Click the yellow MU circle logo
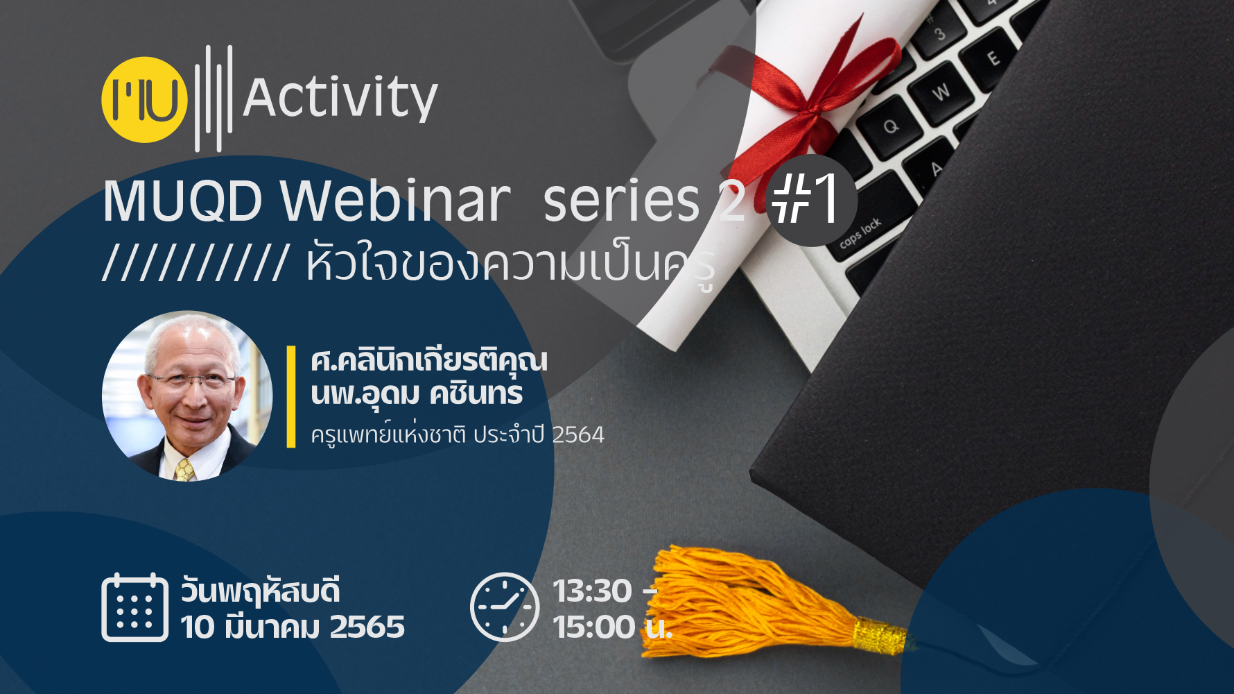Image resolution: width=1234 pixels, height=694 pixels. (x=144, y=100)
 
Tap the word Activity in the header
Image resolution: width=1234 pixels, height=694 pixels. (x=340, y=99)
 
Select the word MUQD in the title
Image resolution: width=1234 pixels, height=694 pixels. (x=183, y=201)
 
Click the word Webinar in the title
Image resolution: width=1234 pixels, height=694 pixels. (x=395, y=201)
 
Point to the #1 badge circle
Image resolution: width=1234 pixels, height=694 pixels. (x=811, y=200)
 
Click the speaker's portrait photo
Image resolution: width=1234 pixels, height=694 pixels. (x=187, y=396)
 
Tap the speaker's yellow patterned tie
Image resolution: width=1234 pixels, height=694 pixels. (x=184, y=470)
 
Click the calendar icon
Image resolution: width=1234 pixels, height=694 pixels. (x=135, y=607)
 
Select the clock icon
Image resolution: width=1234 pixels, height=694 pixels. (x=505, y=607)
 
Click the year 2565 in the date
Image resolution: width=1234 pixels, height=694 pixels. (x=367, y=627)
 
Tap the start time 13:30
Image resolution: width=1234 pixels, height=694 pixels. (x=592, y=591)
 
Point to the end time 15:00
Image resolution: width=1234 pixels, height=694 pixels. (x=594, y=627)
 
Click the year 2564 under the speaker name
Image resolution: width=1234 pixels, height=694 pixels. (x=578, y=435)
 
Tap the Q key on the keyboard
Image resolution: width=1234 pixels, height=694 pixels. (x=890, y=126)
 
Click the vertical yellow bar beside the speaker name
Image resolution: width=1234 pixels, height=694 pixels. (x=291, y=396)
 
